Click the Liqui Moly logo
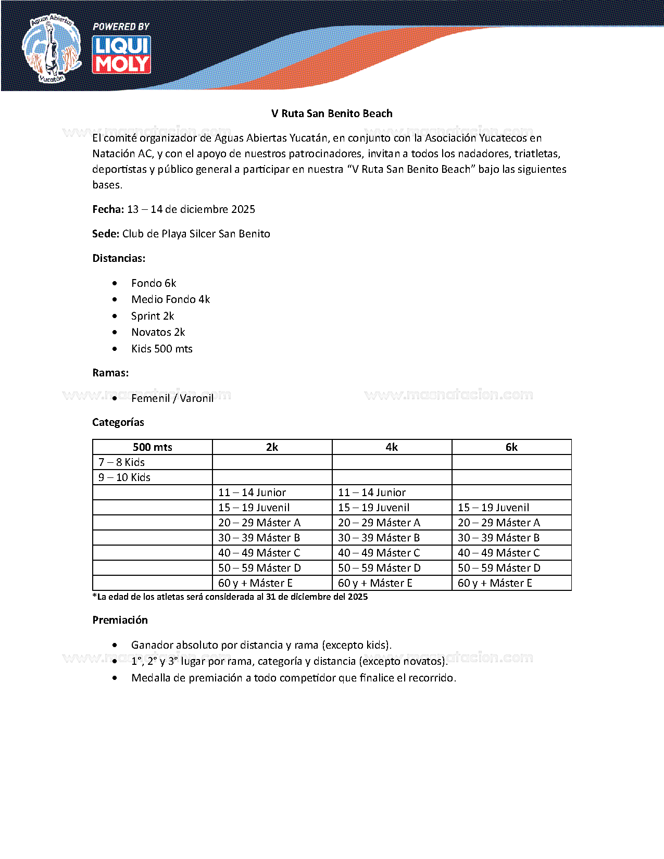point(121,55)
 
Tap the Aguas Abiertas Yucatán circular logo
point(51,48)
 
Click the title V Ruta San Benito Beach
point(332,113)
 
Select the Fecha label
point(108,209)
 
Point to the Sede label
point(106,234)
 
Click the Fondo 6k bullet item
point(154,283)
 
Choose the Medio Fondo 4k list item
point(170,299)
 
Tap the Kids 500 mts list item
point(161,349)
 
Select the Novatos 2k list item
point(158,332)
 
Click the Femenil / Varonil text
point(172,398)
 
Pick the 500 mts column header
point(152,447)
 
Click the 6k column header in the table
point(511,447)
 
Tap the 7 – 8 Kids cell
point(121,462)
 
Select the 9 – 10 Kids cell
point(124,477)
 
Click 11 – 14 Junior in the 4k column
point(372,492)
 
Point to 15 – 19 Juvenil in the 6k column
point(493,508)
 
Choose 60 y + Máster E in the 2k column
point(255,583)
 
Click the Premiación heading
point(120,620)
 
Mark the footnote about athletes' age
point(230,597)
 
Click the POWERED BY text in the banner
point(121,27)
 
